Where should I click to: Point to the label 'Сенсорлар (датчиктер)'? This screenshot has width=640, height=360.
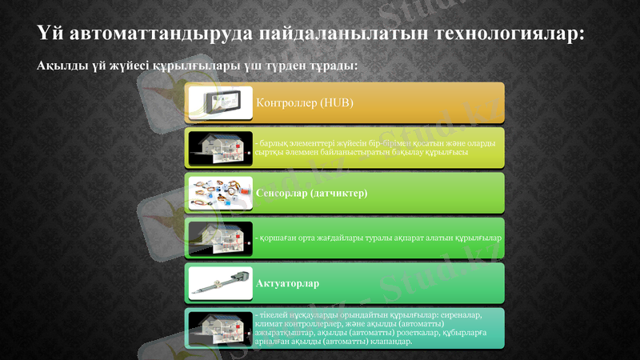click(312, 194)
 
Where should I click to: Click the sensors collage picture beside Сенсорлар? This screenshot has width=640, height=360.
click(221, 193)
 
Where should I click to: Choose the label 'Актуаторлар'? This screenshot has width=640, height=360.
click(288, 284)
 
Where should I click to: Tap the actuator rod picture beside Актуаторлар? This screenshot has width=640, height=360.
click(221, 283)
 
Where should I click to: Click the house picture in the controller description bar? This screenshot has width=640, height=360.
click(221, 147)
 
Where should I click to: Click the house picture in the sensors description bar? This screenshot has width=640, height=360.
click(221, 238)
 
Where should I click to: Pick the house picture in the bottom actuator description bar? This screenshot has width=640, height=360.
click(221, 328)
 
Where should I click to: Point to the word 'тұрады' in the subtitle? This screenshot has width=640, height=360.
click(331, 65)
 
